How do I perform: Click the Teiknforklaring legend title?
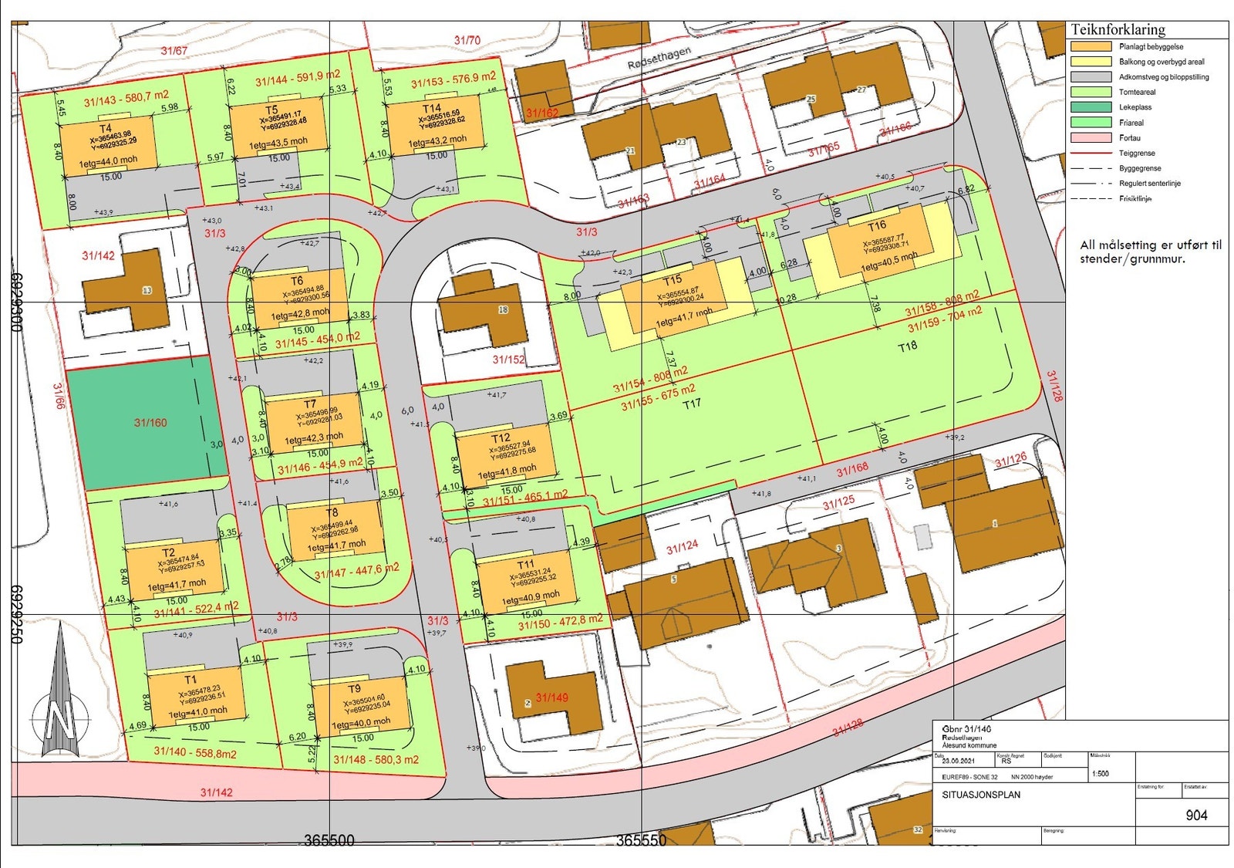pos(1118,30)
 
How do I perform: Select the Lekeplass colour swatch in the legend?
pos(1091,107)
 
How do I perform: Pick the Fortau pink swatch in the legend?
pos(1091,138)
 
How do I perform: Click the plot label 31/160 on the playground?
pos(150,423)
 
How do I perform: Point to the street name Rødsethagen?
pos(659,57)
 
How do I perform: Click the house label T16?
pos(877,226)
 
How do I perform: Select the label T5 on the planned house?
pos(271,110)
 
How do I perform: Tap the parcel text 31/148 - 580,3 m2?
pos(376,760)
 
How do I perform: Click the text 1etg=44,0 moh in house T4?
pos(109,160)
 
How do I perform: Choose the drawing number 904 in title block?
pos(1196,816)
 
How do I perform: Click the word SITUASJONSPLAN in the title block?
pos(981,795)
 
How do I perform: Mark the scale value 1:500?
pos(1101,774)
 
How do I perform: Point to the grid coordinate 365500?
pos(329,840)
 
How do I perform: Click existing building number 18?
pos(503,310)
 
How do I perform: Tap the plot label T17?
pos(691,404)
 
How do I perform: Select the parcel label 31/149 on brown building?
pos(551,698)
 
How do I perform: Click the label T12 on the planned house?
pos(501,437)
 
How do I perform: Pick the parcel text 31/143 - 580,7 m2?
pos(126,99)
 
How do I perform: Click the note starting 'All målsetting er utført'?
pos(1150,252)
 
